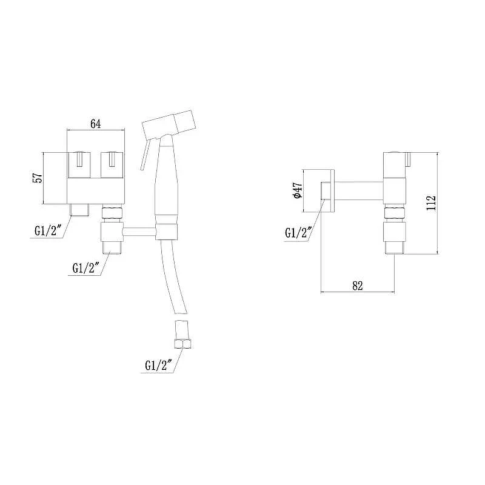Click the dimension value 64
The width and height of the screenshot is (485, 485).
coord(96,124)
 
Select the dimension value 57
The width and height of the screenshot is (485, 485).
coord(38,178)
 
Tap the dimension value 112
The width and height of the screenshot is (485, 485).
coord(431,203)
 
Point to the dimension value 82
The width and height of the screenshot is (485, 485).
coord(357,286)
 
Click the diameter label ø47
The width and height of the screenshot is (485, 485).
coord(297,190)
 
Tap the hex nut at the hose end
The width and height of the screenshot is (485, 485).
coord(183,344)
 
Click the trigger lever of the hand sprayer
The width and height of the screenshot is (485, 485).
coord(145,154)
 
